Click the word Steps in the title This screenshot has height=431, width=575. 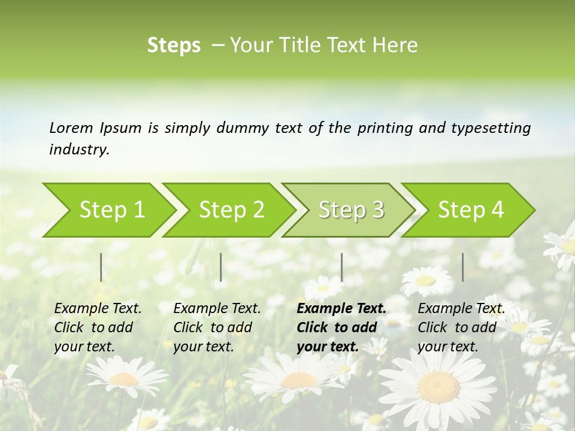point(174,45)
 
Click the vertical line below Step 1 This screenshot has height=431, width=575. point(101,267)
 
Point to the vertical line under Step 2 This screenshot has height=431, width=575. point(221,267)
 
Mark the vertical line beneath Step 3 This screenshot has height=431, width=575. point(341,267)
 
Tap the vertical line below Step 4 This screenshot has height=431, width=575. point(462,267)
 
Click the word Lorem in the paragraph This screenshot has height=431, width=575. point(71,128)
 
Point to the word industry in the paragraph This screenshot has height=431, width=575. point(78,150)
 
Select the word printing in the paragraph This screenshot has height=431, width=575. point(385,128)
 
